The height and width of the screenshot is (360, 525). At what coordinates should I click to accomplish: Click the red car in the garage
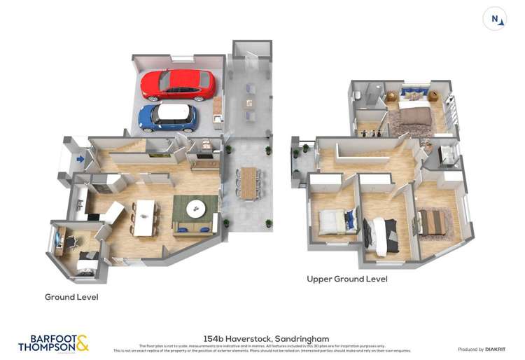coord(178,84)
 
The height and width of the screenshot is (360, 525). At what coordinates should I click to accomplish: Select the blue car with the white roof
coord(167,116)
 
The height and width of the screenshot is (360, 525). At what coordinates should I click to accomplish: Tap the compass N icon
coord(495,19)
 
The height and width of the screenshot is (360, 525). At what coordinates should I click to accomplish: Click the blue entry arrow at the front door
coord(80,160)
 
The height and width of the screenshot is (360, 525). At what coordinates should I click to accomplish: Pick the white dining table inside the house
coord(144,217)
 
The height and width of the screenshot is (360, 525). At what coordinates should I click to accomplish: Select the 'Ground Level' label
coord(71,297)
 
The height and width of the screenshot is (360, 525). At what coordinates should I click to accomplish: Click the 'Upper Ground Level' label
coord(346,279)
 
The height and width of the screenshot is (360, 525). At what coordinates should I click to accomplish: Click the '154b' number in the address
coord(213,339)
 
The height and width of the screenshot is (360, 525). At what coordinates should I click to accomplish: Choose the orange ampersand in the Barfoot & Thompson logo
coord(82,342)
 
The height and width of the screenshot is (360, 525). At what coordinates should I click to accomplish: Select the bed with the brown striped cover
coord(433,223)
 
